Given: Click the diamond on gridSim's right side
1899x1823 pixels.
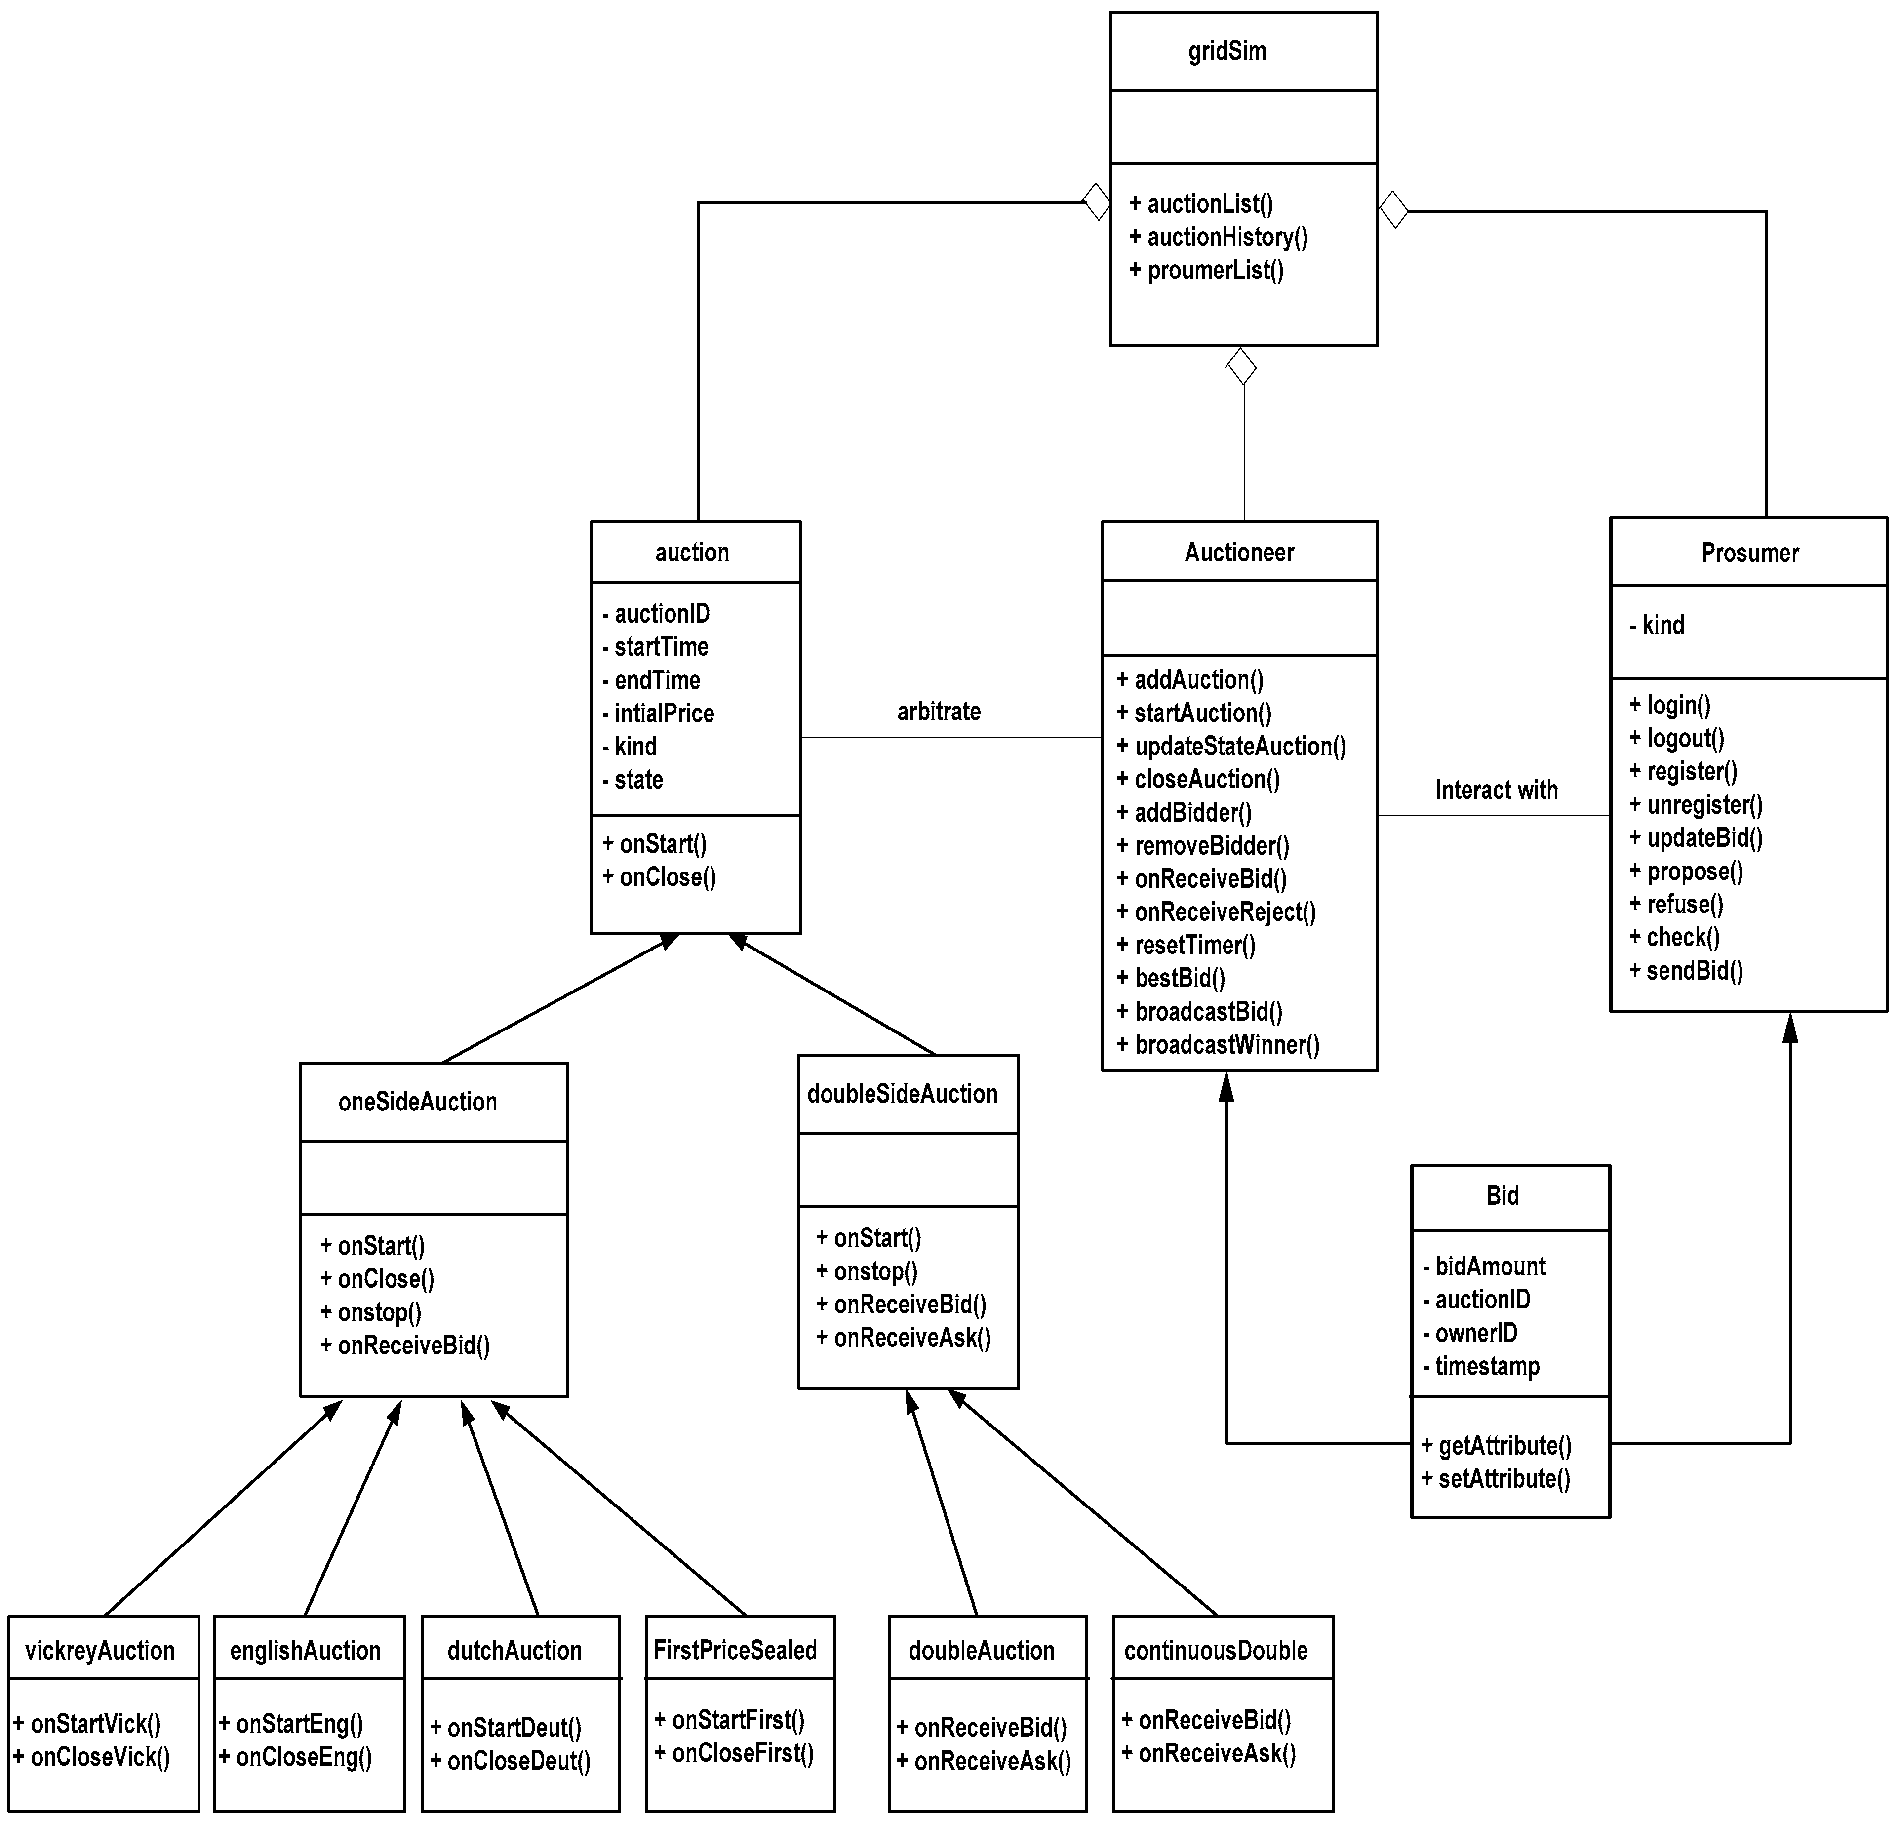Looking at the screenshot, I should (x=1393, y=209).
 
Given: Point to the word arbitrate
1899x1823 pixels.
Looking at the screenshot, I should (x=938, y=712).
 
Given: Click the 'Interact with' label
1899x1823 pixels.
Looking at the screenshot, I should (x=1496, y=791).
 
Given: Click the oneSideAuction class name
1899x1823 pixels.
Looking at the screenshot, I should (x=418, y=1102).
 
